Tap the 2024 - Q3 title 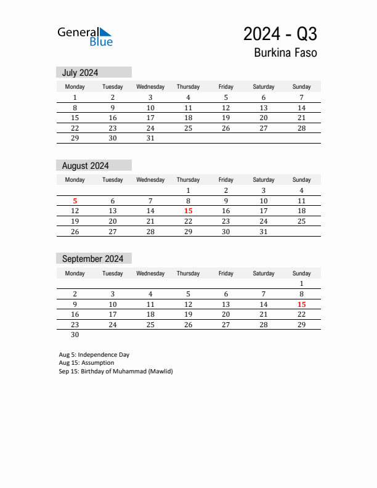click(x=280, y=33)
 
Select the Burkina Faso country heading click(x=285, y=53)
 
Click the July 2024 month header click(x=80, y=73)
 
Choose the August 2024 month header click(x=85, y=166)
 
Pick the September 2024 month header click(x=92, y=259)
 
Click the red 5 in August click(x=75, y=201)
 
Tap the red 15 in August click(x=188, y=211)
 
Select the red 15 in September click(x=301, y=304)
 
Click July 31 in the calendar click(x=150, y=139)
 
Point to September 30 click(x=75, y=335)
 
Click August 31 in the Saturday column click(x=264, y=232)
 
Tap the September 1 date click(x=301, y=283)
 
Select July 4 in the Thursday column click(x=188, y=97)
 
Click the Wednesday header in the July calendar click(x=150, y=87)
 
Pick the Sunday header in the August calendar click(x=301, y=180)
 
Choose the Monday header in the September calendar click(x=75, y=273)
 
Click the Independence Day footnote click(x=94, y=355)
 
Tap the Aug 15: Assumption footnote click(x=86, y=363)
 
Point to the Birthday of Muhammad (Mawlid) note click(x=116, y=371)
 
